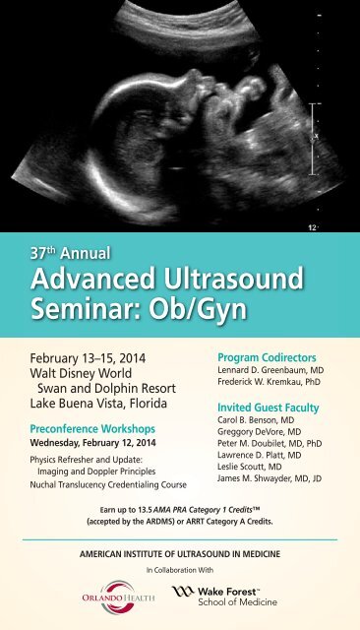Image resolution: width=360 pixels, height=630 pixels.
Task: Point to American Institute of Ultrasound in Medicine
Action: click(x=180, y=555)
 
